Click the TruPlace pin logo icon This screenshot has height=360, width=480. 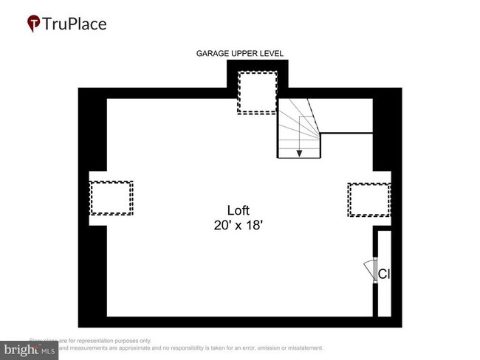click(x=33, y=24)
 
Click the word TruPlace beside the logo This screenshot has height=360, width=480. click(x=74, y=24)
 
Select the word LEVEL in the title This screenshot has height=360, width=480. click(x=270, y=54)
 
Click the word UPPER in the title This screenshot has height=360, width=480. click(x=243, y=54)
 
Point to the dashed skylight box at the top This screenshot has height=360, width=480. click(x=257, y=92)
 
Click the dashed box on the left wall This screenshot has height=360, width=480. click(x=111, y=198)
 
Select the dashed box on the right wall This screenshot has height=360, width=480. click(x=368, y=199)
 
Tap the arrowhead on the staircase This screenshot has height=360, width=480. click(x=299, y=153)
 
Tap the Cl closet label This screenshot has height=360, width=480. click(x=383, y=274)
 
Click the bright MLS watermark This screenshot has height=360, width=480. click(x=30, y=350)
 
